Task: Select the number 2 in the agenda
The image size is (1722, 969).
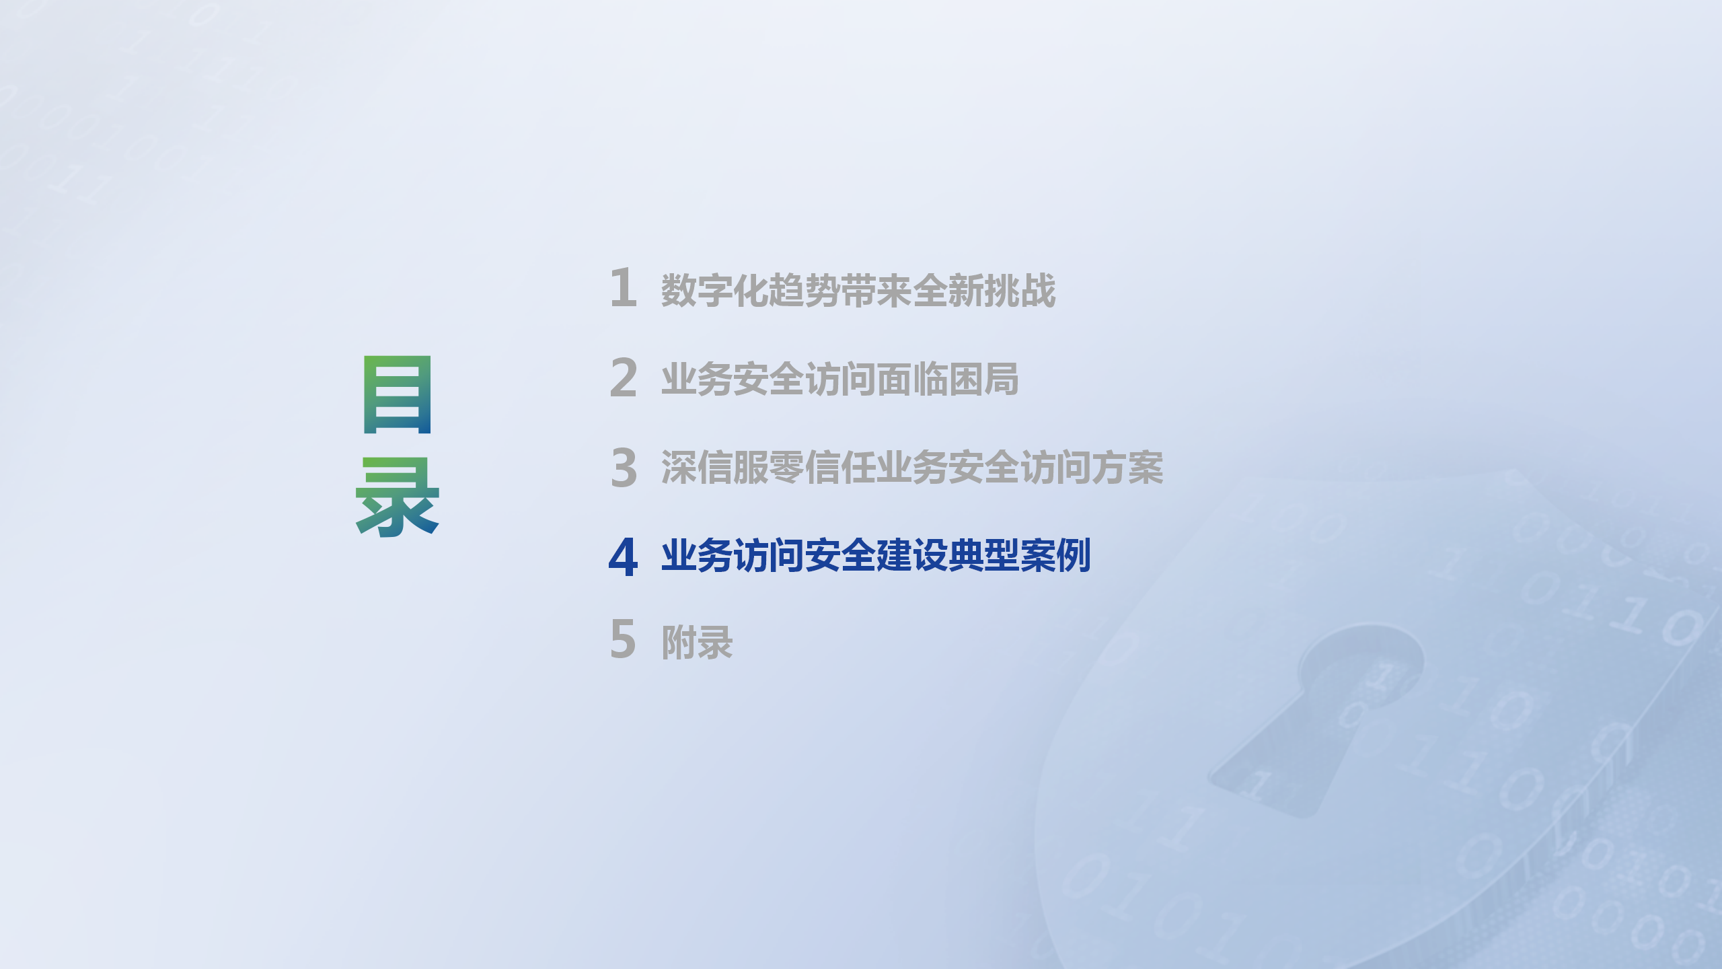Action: pos(624,378)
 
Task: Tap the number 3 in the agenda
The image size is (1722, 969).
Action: pos(624,467)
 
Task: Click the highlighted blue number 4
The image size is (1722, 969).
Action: pos(623,557)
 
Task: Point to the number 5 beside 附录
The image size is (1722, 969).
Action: pos(623,639)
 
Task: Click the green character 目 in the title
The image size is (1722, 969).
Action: pos(397,394)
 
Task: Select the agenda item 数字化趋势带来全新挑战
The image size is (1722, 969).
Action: pos(858,291)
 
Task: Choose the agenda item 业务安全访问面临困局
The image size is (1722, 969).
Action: pos(840,379)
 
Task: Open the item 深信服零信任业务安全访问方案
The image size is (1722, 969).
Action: pos(912,468)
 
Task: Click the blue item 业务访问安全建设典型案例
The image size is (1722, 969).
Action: pos(876,556)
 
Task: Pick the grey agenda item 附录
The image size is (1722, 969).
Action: pos(697,643)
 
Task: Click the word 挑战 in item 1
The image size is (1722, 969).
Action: pos(1020,291)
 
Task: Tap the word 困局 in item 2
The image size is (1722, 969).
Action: pos(983,379)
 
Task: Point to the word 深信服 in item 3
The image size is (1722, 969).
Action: pos(714,468)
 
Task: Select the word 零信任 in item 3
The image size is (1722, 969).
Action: pos(822,468)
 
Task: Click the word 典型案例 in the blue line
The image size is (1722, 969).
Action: pos(1020,556)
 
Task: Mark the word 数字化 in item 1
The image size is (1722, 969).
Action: pos(714,291)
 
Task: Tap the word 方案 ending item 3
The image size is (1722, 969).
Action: pos(1127,468)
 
